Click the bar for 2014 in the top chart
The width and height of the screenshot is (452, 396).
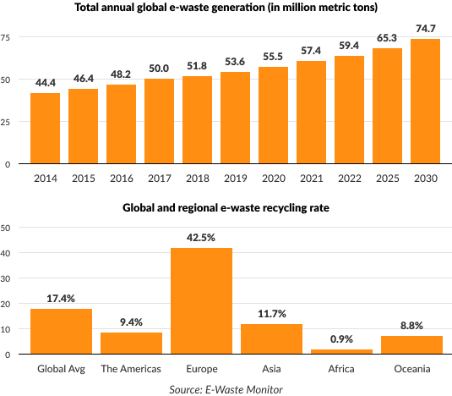45,128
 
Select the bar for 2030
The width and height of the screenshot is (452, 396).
425,101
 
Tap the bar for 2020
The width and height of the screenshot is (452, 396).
273,115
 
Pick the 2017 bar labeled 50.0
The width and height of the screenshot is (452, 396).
159,121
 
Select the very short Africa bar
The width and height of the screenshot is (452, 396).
341,351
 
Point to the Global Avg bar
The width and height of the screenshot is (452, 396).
61,331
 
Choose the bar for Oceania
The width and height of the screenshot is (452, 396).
411,344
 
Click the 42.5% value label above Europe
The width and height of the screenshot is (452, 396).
201,238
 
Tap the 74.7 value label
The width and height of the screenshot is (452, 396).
425,29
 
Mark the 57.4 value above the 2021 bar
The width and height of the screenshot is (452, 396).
311,52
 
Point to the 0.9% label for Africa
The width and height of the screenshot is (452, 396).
341,339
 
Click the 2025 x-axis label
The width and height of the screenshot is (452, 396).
387,178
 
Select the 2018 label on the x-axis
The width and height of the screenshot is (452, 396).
197,178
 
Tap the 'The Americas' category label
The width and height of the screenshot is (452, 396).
131,369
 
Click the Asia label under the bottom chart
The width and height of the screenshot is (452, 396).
271,369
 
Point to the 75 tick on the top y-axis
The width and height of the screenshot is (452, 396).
5,38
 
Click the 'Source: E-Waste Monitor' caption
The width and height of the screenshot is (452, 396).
225,388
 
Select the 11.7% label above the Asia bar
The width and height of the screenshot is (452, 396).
271,315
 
